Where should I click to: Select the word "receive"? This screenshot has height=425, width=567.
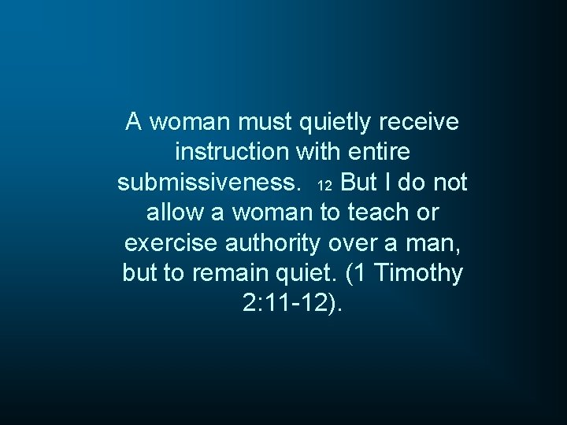tap(421, 123)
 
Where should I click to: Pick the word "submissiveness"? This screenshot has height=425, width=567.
tap(208, 183)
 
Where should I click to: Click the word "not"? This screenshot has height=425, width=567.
tap(450, 183)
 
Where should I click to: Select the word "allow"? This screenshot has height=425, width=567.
tap(174, 213)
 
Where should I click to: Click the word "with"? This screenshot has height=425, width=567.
tap(318, 153)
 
